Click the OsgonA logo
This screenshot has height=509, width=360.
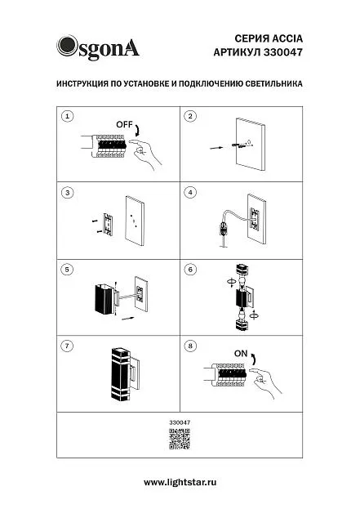point(98,47)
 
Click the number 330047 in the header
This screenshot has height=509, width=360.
point(282,52)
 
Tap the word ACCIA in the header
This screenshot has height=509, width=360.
point(287,38)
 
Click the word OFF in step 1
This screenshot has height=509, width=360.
point(124,125)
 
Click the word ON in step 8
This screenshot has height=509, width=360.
point(241,354)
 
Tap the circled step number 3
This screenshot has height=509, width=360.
point(67,193)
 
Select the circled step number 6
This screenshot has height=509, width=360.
point(190,270)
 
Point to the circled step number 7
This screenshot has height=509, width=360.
point(67,346)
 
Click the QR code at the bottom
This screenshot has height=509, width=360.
point(180,439)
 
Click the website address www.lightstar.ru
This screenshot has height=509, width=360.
point(180,482)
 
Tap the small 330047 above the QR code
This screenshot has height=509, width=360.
point(180,422)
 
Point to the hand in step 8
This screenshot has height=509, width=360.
point(264,383)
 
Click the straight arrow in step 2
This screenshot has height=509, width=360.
point(216,148)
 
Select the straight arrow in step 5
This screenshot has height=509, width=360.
point(127,318)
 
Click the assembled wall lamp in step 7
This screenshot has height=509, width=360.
point(126,374)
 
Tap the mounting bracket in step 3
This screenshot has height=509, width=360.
point(108,225)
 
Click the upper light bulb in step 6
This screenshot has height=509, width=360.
point(242,282)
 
